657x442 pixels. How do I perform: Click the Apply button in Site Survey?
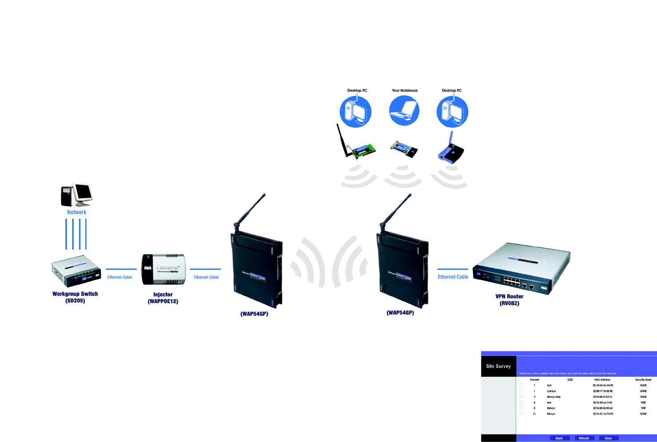(x=559, y=438)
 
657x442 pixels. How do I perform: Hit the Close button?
(x=608, y=438)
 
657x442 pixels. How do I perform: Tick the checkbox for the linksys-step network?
(x=521, y=397)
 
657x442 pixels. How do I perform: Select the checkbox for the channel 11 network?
(x=521, y=414)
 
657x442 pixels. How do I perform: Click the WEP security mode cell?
(x=643, y=402)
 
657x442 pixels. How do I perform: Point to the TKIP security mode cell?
(x=643, y=408)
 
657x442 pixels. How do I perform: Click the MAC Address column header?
(x=602, y=380)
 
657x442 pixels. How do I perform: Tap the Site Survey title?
(x=498, y=366)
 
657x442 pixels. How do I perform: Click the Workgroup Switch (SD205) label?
(x=75, y=297)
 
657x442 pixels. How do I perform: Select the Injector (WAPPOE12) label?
(x=163, y=298)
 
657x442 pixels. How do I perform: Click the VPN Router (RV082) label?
(x=509, y=300)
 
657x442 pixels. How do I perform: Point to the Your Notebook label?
(x=404, y=91)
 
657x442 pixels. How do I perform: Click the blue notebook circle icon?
(x=404, y=111)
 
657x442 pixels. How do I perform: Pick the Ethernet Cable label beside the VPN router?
(x=453, y=277)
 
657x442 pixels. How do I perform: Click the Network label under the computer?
(x=76, y=212)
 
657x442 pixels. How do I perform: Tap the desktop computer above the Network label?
(x=76, y=195)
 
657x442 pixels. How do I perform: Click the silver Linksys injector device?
(x=163, y=269)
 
